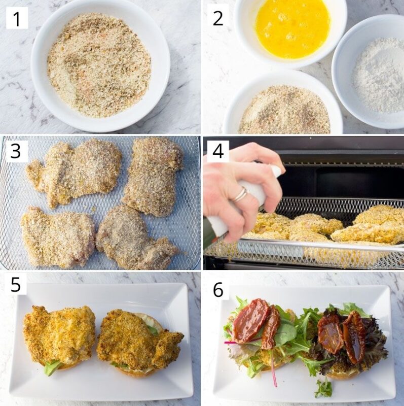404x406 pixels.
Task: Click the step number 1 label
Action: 17,19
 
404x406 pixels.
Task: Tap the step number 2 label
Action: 218,19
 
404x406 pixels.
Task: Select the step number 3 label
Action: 15,151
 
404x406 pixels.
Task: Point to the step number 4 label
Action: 218,151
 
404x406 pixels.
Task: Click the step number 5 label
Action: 16,285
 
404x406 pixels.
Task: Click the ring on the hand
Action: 240,194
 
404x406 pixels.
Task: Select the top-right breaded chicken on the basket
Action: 153,175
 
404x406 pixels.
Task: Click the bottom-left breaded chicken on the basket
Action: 57,236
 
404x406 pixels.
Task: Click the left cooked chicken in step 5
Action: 60,335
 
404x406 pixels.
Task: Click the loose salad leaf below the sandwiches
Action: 323,388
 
